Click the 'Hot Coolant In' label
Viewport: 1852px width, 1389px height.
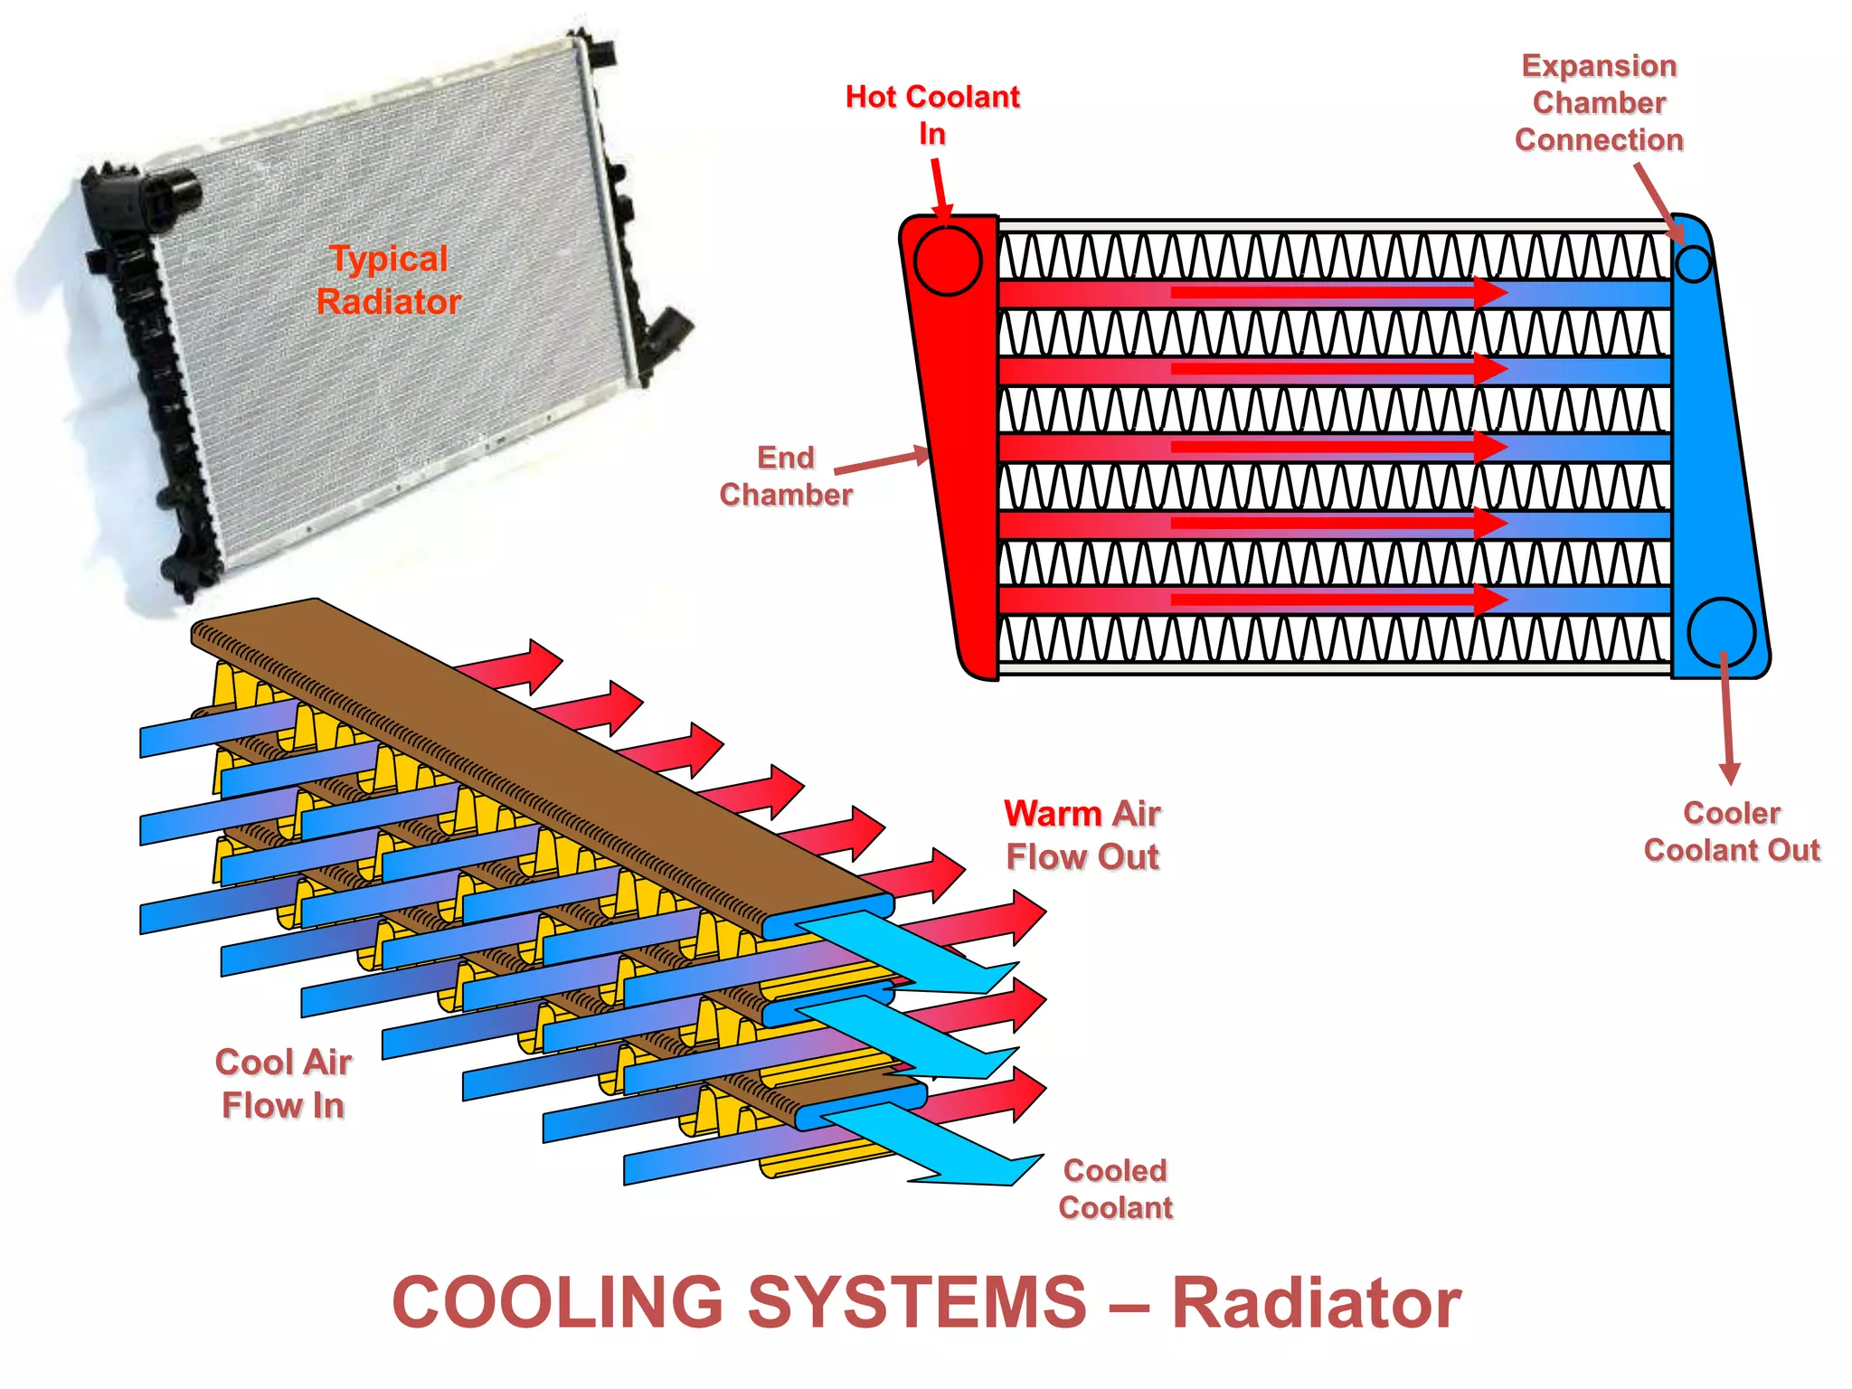pyautogui.click(x=932, y=115)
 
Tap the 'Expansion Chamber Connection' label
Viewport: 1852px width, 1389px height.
pyautogui.click(x=1599, y=102)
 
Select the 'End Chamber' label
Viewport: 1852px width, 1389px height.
pyautogui.click(x=786, y=477)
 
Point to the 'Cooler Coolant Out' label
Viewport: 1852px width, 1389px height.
pyautogui.click(x=1731, y=831)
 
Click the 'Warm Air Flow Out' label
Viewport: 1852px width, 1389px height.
pyautogui.click(x=1082, y=835)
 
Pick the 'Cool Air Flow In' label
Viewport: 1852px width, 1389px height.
pyautogui.click(x=283, y=1083)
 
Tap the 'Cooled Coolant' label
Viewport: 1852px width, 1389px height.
pyautogui.click(x=1115, y=1188)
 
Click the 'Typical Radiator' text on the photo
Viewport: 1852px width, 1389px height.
pyautogui.click(x=389, y=279)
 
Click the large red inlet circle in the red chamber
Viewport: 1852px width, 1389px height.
pyautogui.click(x=947, y=261)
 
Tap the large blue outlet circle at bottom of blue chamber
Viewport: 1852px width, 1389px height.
pyautogui.click(x=1721, y=632)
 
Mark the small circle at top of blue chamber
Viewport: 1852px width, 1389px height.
pyautogui.click(x=1693, y=264)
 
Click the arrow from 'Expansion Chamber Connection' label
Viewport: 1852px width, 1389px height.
pyautogui.click(x=1658, y=203)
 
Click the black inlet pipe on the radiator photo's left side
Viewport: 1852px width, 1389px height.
pyautogui.click(x=172, y=192)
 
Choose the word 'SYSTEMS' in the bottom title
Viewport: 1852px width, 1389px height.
pyautogui.click(x=917, y=1303)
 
